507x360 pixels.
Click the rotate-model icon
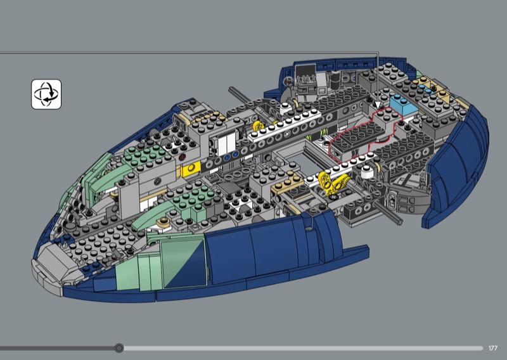coord(46,94)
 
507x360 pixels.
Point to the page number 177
coord(493,348)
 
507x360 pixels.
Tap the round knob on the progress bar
coord(119,348)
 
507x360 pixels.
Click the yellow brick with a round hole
coord(190,170)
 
